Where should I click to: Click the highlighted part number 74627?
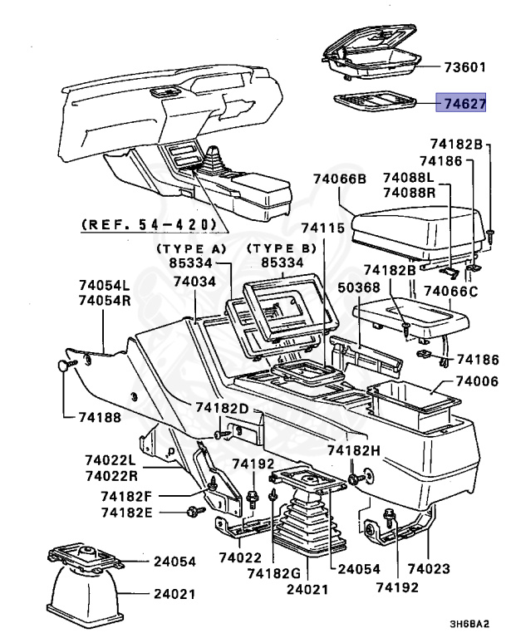click(464, 104)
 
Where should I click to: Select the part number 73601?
click(464, 67)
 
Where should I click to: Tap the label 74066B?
click(340, 179)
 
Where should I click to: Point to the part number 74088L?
click(408, 178)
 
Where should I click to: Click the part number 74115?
click(323, 228)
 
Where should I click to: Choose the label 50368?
click(359, 287)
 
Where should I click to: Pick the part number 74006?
click(477, 381)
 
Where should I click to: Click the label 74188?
click(100, 417)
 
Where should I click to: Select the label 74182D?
click(222, 408)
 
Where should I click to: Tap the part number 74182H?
click(354, 450)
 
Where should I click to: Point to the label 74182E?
click(126, 513)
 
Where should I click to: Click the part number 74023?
click(429, 568)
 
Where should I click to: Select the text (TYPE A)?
click(191, 248)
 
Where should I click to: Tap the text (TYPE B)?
click(282, 248)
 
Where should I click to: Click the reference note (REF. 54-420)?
click(149, 224)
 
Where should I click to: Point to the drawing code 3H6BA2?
click(469, 624)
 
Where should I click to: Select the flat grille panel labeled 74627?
click(375, 101)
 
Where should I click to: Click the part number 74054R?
click(105, 300)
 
